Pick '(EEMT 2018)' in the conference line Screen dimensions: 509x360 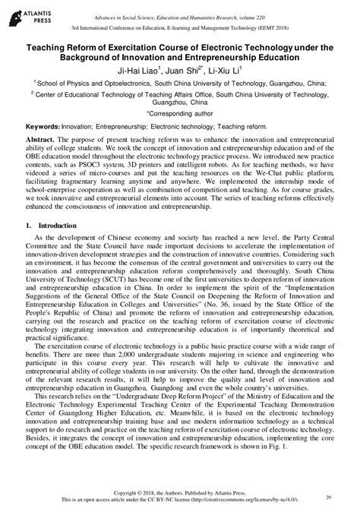click(273, 30)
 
